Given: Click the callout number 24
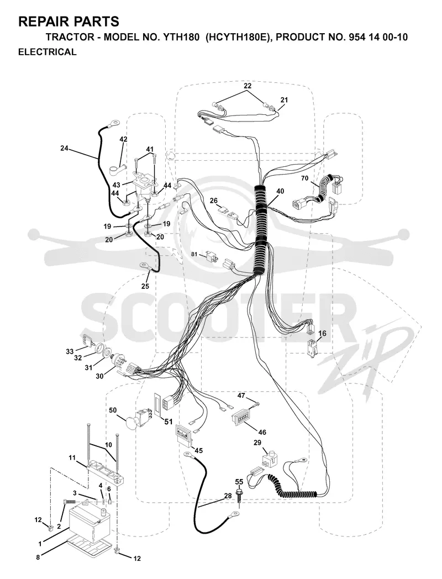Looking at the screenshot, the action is (65, 149).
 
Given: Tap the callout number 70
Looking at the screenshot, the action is (304, 178).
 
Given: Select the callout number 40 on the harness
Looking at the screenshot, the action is (280, 191).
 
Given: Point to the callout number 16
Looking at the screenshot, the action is (322, 334).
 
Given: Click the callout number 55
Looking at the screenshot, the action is (239, 482).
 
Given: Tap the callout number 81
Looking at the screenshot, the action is (194, 254).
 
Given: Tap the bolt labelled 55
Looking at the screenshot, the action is (238, 493).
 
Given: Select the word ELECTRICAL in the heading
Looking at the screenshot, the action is (48, 52).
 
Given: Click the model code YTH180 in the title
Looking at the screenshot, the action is (180, 37).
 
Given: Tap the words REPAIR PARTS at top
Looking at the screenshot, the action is (69, 22).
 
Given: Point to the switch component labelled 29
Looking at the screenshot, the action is (269, 457).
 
